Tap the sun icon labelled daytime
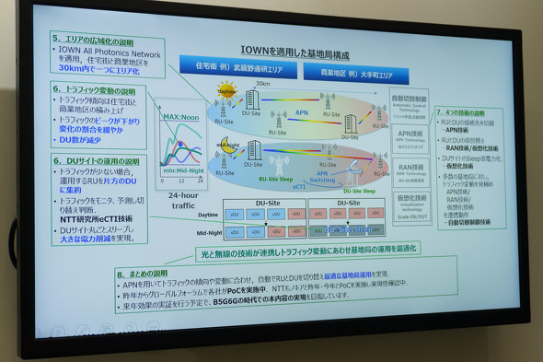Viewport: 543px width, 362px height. (x=226, y=93)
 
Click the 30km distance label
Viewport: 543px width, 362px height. (x=262, y=83)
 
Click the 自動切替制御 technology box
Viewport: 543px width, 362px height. (x=410, y=100)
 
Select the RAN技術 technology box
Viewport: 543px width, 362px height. (x=410, y=172)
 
